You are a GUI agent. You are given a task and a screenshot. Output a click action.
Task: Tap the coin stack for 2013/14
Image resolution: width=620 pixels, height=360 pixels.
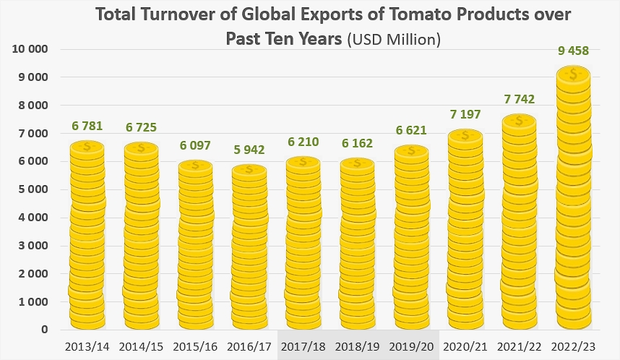pos(87,236)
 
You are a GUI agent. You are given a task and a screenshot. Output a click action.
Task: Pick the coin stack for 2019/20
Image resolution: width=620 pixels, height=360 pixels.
pos(411,238)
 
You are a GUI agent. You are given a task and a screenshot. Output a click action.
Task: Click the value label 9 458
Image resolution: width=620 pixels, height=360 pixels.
pos(573,51)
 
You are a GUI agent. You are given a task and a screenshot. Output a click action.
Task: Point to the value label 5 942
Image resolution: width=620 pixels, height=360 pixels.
pos(249,150)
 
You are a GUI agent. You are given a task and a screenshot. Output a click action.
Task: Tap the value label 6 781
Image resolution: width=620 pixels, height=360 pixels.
pos(87,127)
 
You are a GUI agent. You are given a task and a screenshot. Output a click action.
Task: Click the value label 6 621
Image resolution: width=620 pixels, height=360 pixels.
pos(411,131)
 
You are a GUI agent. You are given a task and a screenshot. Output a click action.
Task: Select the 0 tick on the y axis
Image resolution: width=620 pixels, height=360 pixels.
pos(45,330)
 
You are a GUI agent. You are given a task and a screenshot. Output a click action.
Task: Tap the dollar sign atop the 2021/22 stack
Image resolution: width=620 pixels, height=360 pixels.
pos(519,121)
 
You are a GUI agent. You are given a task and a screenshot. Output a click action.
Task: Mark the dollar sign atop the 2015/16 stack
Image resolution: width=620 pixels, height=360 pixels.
pos(195,166)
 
